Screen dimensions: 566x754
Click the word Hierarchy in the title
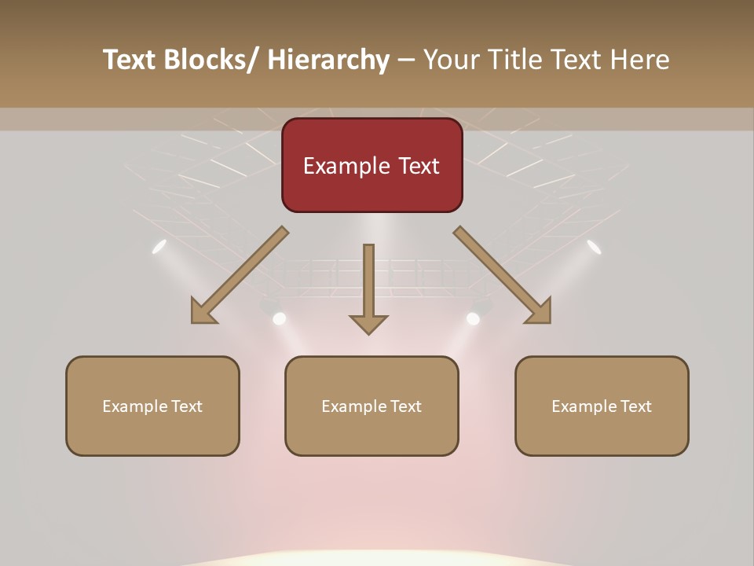pos(328,60)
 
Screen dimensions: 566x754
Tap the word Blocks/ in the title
pos(214,60)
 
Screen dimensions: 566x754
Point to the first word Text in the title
pos(131,60)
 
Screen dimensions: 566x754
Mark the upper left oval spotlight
pos(159,247)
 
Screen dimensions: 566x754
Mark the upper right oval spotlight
pos(594,247)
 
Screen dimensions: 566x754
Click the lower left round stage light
pos(279,318)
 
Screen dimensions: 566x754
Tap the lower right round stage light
pos(473,318)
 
